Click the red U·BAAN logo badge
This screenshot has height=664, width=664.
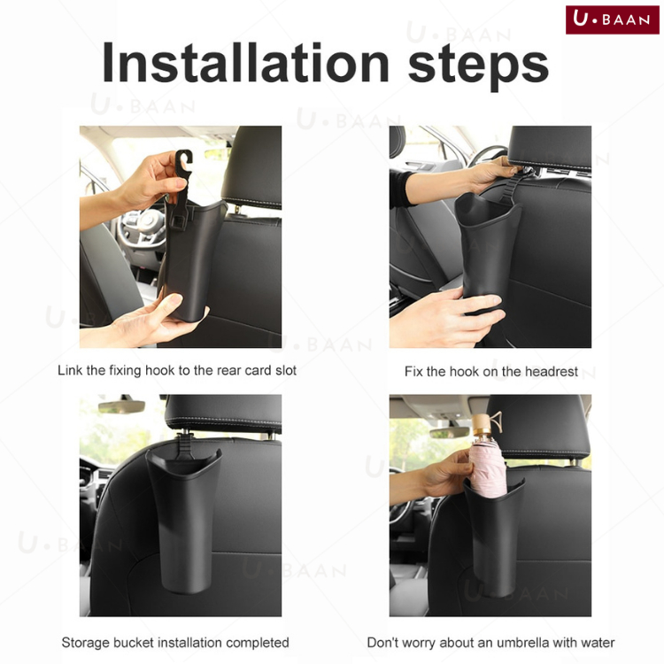613,19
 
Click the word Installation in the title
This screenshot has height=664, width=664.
245,63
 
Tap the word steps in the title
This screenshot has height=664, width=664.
478,66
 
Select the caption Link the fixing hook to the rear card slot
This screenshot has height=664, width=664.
177,371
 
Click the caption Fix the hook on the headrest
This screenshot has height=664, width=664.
490,371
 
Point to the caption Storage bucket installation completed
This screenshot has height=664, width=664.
175,643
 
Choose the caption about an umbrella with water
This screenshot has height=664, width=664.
490,643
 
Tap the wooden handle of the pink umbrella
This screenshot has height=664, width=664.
483,426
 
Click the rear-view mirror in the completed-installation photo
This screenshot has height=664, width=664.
121,406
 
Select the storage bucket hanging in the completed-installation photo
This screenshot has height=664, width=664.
183,519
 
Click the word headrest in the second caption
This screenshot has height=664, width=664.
552,371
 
